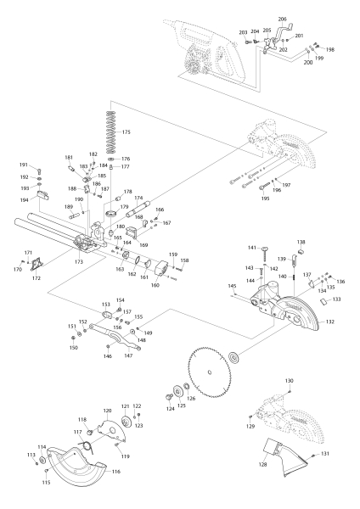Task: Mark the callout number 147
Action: click(x=128, y=356)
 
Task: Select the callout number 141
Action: click(x=252, y=248)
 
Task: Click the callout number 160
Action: click(x=155, y=285)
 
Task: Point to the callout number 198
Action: click(x=330, y=50)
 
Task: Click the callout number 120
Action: click(x=108, y=411)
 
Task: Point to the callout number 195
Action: click(x=264, y=199)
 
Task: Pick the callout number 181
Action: click(x=69, y=158)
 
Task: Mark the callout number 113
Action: click(x=31, y=456)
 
